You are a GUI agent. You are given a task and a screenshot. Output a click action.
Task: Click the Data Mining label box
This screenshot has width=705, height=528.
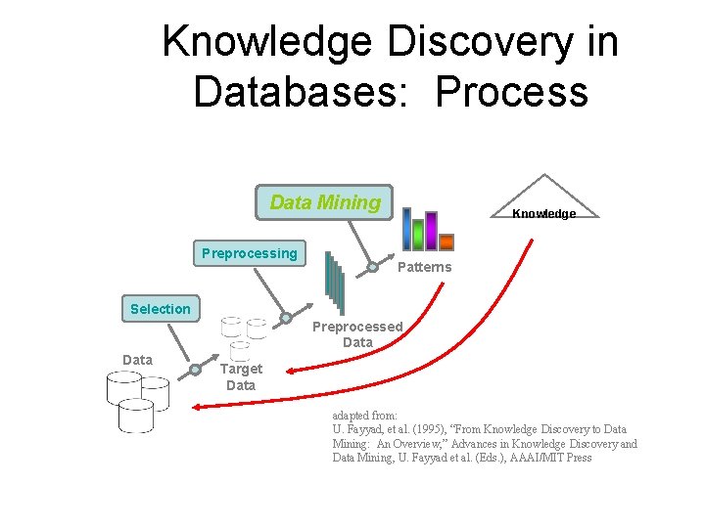coord(323,202)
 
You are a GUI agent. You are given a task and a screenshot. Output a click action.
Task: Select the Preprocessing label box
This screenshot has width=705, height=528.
coord(249,253)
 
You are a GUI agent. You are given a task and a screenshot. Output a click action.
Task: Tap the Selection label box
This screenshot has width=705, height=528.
coord(160,309)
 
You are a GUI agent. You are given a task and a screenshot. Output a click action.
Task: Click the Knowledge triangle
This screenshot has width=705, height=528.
coord(544,201)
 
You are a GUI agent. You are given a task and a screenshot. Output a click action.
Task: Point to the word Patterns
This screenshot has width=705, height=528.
coord(425,268)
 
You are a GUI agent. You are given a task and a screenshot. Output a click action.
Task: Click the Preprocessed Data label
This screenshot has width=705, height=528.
coord(357,334)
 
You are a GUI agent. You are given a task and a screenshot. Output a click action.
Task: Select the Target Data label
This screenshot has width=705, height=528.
coord(241,377)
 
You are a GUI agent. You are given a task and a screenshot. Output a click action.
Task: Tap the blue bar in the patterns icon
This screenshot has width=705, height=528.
coord(407,230)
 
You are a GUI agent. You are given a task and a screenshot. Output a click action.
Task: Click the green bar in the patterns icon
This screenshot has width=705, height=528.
coord(418,235)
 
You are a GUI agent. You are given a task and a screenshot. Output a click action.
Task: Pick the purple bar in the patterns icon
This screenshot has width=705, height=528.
coord(431,231)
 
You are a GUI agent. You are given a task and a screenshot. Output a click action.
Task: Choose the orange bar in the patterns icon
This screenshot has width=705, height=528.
coord(446,242)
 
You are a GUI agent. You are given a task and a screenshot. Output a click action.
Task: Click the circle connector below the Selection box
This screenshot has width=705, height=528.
coord(195,370)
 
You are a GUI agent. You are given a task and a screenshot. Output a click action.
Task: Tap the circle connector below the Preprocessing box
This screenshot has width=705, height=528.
coord(286,318)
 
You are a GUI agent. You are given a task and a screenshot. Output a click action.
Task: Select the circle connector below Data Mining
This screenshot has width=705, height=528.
coord(372,267)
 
